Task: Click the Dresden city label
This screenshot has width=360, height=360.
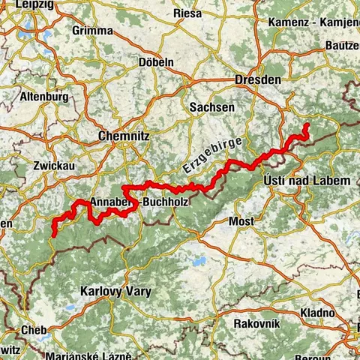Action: pos(257,79)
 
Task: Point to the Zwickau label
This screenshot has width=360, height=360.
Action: pos(52,165)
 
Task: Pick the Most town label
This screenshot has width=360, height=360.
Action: pos(241,222)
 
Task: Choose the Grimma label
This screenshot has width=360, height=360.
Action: pos(92,31)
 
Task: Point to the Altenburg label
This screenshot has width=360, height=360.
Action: pos(45,97)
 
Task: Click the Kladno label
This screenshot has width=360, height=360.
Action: pos(319,312)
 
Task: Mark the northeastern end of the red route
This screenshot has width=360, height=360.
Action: pos(307,124)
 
